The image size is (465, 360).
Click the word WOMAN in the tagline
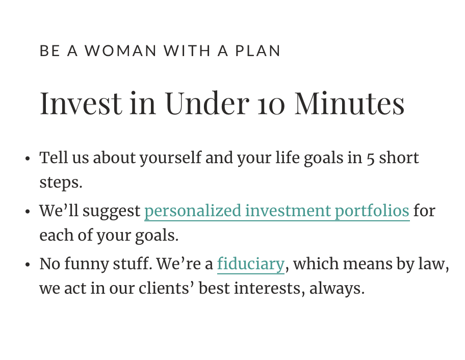pyautogui.click(x=120, y=50)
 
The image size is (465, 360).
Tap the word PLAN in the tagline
pyautogui.click(x=257, y=50)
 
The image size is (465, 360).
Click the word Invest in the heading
pyautogui.click(x=81, y=103)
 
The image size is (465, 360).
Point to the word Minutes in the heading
pyautogui.click(x=349, y=103)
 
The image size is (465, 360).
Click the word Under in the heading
pyautogui.click(x=207, y=103)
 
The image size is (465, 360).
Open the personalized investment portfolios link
pyautogui.click(x=277, y=212)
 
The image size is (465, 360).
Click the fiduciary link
pyautogui.click(x=251, y=264)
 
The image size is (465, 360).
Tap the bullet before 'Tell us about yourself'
pyautogui.click(x=28, y=159)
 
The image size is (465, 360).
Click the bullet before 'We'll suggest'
pyautogui.click(x=28, y=212)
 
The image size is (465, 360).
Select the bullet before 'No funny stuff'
pyautogui.click(x=28, y=264)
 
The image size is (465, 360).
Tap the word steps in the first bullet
pyautogui.click(x=59, y=183)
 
